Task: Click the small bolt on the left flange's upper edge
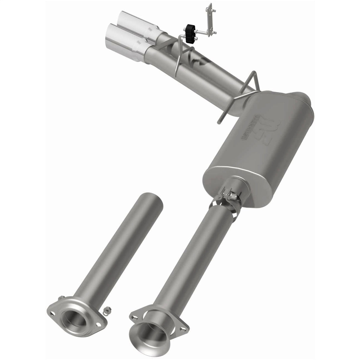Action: [61, 298]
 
